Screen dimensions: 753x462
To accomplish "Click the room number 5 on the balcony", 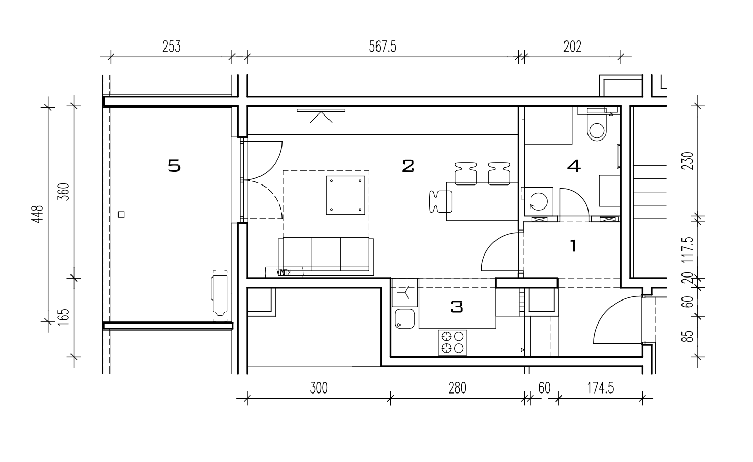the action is [174, 166].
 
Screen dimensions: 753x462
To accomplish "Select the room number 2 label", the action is [408, 166].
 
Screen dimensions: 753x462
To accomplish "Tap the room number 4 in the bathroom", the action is [574, 166].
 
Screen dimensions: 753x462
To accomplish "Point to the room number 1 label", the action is [574, 246].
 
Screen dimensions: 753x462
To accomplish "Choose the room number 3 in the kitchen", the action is [457, 307].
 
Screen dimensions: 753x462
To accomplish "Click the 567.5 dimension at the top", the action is [383, 47].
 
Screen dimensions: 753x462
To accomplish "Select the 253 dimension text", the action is [172, 47].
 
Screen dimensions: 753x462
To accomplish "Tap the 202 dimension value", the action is [572, 47].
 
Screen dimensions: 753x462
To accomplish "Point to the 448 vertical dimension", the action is [38, 214].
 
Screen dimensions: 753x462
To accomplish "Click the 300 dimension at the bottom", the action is [319, 388].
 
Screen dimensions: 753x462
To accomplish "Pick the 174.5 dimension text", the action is [600, 388].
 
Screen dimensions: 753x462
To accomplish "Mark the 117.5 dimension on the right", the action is [688, 250].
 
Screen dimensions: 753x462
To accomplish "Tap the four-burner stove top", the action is [453, 342].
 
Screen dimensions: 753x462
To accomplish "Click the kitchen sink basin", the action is [405, 318].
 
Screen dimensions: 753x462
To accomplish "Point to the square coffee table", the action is [345, 195].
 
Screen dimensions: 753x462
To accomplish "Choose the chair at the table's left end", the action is [440, 201].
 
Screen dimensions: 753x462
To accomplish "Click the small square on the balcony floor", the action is [122, 214].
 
